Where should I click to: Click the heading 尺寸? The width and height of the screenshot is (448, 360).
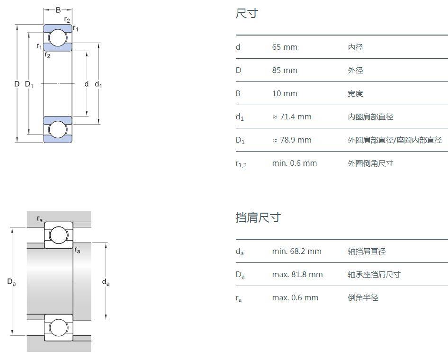pyautogui.click(x=247, y=13)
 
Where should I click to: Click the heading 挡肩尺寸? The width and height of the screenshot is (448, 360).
pyautogui.click(x=258, y=217)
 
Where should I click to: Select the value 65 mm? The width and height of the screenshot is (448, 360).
pyautogui.click(x=285, y=47)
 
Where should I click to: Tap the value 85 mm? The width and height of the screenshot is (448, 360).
pyautogui.click(x=285, y=70)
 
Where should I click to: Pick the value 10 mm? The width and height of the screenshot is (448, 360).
pyautogui.click(x=285, y=93)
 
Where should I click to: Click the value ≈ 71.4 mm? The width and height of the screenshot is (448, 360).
pyautogui.click(x=292, y=117)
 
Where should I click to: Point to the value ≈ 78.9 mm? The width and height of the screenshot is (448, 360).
pyautogui.click(x=292, y=140)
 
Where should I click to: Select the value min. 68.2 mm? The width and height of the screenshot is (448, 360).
pyautogui.click(x=296, y=251)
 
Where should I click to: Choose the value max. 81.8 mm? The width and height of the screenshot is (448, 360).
pyautogui.click(x=297, y=274)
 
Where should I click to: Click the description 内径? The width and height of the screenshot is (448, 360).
pyautogui.click(x=355, y=47)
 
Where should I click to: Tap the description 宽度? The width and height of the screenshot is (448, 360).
pyautogui.click(x=355, y=93)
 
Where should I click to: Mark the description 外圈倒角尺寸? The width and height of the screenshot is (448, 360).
pyautogui.click(x=370, y=163)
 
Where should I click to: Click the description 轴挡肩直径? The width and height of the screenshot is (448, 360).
pyautogui.click(x=367, y=251)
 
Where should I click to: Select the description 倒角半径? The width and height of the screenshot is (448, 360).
pyautogui.click(x=363, y=297)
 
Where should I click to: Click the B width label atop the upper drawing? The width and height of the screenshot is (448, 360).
pyautogui.click(x=58, y=10)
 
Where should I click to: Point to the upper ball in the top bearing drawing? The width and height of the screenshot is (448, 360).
pyautogui.click(x=58, y=38)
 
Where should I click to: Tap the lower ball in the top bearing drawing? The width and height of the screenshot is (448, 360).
pyautogui.click(x=58, y=130)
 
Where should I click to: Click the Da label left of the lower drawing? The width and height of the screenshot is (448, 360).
pyautogui.click(x=11, y=282)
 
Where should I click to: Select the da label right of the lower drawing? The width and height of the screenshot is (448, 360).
pyautogui.click(x=106, y=283)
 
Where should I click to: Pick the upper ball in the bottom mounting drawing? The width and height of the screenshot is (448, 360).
pyautogui.click(x=59, y=235)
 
